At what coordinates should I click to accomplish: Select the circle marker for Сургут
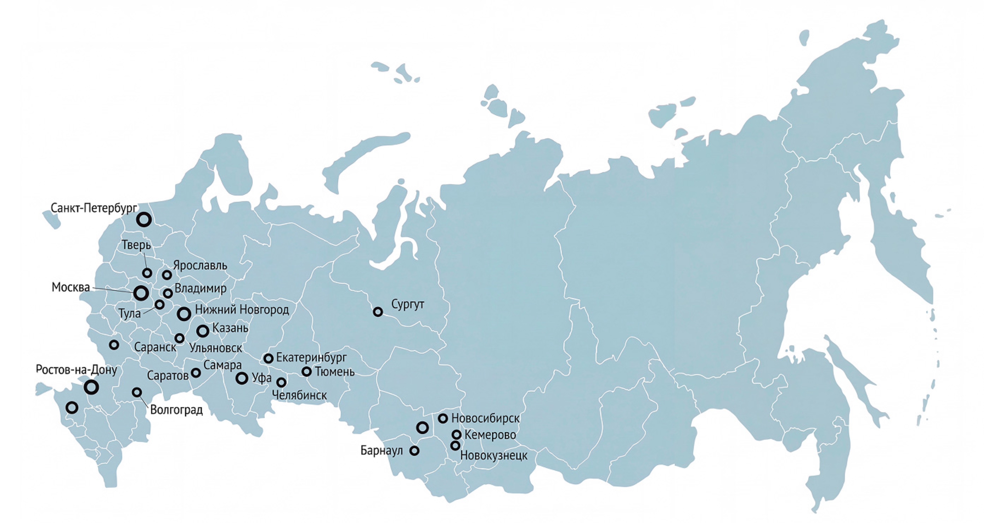(377, 312)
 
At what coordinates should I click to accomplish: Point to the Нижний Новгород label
(242, 309)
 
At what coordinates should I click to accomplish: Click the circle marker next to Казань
(203, 331)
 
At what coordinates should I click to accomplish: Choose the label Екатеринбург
(311, 357)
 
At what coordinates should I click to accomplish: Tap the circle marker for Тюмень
(306, 371)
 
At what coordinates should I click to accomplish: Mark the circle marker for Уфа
(242, 378)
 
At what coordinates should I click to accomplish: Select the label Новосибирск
(485, 418)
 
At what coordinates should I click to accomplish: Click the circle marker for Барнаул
(414, 451)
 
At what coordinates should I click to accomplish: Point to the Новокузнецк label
(493, 455)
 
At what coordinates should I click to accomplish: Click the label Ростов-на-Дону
(76, 370)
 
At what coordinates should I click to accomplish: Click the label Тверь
(136, 245)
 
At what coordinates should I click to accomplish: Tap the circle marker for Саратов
(196, 372)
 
